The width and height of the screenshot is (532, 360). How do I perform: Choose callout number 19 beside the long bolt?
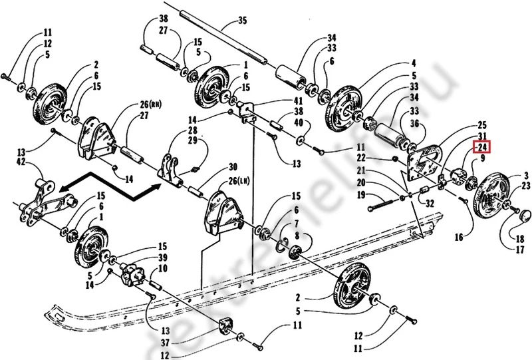coord(361,195)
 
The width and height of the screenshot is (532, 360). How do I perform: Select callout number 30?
coord(233,166)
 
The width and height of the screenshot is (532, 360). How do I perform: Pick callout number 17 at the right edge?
coord(518,250)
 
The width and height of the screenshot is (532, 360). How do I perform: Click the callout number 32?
coord(430,204)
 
